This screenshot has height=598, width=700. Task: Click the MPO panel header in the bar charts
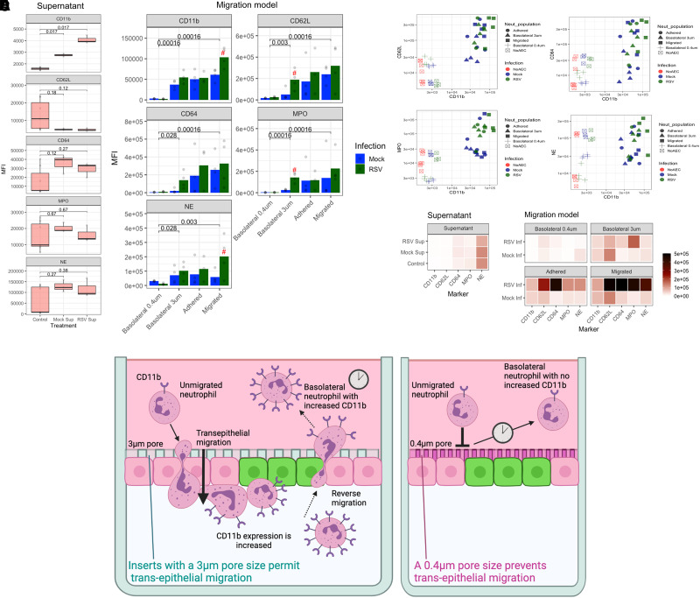point(294,117)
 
